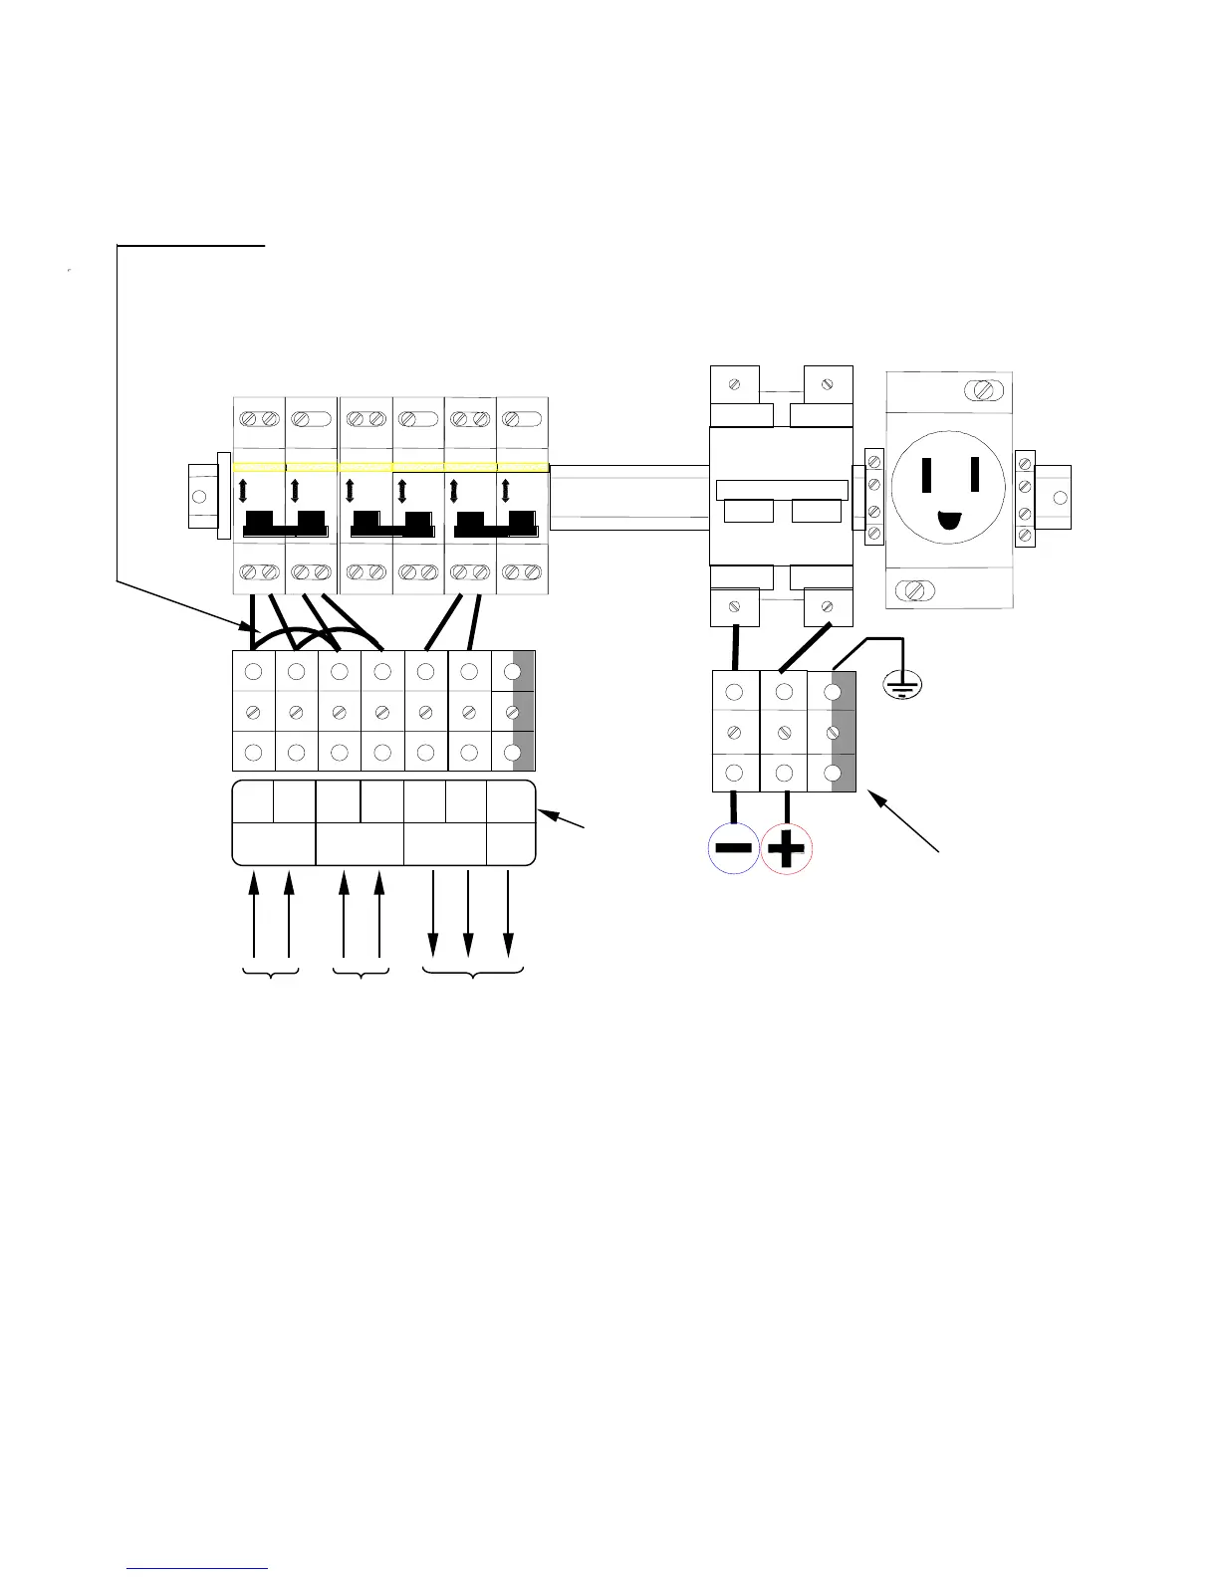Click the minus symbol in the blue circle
click(733, 849)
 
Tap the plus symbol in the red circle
click(787, 850)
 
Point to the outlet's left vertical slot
click(928, 474)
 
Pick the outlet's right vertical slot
click(975, 474)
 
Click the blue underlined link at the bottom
click(199, 1569)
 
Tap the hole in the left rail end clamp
click(199, 497)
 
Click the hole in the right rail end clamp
click(1060, 496)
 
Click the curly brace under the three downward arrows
click(473, 971)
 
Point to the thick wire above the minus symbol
click(736, 646)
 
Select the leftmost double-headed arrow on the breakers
click(242, 491)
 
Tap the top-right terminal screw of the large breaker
click(826, 383)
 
